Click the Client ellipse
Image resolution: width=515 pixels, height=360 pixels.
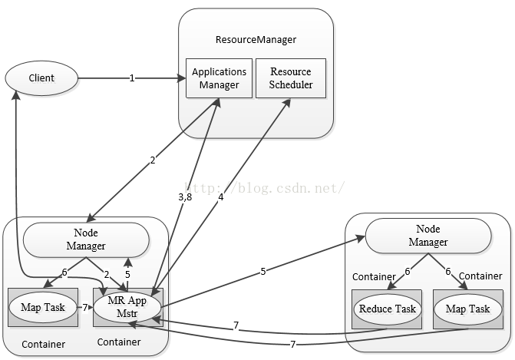41,78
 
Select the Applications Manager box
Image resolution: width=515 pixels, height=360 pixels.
219,78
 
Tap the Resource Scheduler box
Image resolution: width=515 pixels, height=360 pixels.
291,78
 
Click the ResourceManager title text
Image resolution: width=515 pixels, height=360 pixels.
256,39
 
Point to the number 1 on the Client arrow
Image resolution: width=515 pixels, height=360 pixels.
132,78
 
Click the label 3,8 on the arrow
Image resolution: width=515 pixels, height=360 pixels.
185,197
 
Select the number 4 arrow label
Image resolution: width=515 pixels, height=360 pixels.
221,197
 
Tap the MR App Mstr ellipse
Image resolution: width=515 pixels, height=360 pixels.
127,307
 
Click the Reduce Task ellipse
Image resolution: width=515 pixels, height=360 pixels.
388,309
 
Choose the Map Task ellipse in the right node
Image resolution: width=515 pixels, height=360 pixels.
467,309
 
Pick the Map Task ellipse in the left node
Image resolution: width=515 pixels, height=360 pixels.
43,308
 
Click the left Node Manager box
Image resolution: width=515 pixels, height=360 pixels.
86,239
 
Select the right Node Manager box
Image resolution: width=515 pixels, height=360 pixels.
428,236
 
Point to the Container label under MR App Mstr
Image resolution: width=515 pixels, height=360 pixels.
119,342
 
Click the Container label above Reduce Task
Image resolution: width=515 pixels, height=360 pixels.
374,276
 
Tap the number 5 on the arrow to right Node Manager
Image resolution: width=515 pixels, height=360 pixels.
263,271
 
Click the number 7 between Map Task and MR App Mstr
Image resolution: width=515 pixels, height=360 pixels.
85,308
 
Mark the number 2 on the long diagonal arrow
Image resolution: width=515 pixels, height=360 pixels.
153,160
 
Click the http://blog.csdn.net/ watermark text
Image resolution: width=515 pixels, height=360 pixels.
264,188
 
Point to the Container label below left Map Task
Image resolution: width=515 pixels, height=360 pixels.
43,344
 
